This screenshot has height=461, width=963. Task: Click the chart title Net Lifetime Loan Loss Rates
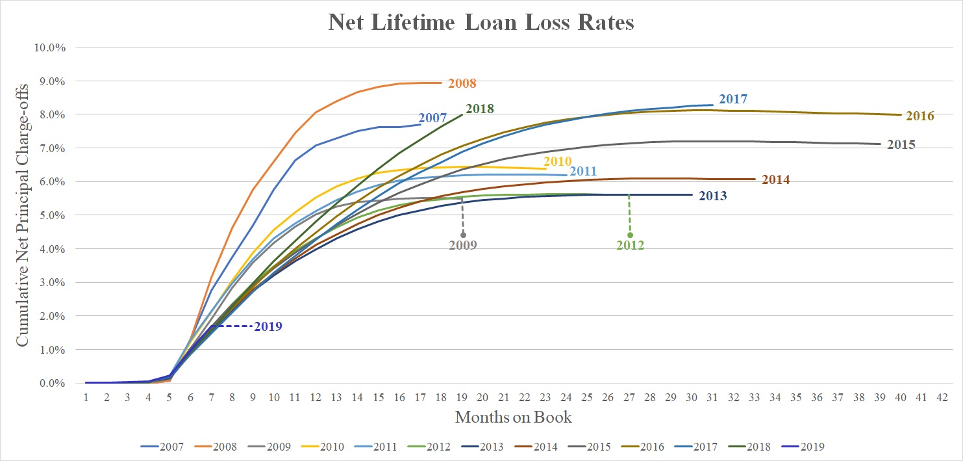481,23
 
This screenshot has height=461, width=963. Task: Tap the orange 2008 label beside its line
462,83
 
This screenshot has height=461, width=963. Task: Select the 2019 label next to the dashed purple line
268,326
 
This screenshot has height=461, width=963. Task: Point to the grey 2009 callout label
463,246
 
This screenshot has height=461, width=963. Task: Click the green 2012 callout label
630,246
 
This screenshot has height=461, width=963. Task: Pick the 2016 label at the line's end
919,116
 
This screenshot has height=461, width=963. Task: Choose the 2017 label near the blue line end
734,99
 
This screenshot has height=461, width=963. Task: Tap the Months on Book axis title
513,417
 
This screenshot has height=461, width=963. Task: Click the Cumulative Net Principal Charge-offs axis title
22,215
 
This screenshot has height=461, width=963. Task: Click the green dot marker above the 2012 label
630,235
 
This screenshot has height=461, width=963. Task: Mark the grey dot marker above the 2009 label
463,235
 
